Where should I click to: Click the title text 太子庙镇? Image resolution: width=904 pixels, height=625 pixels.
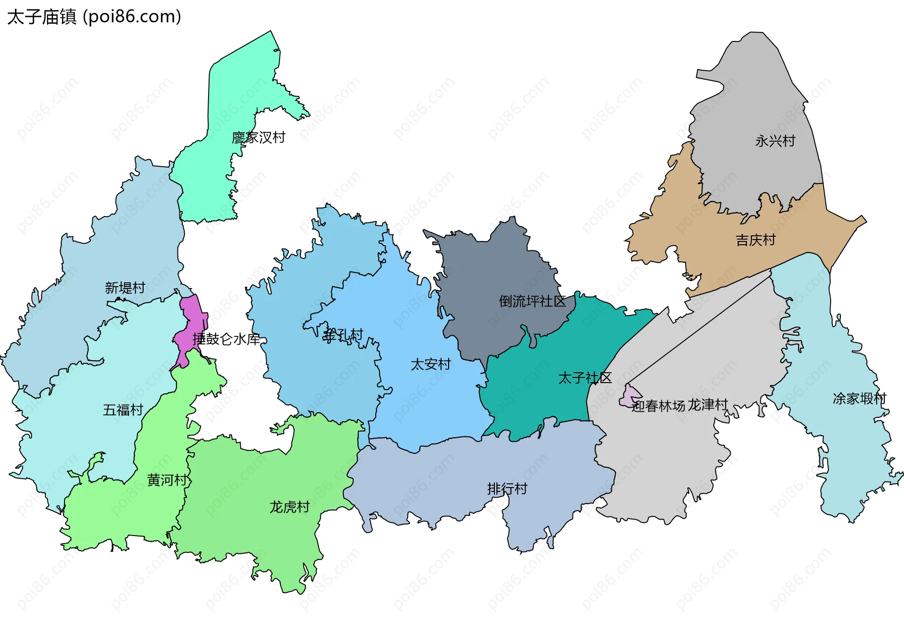pyautogui.click(x=41, y=17)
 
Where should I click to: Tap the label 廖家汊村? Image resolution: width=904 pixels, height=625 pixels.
pyautogui.click(x=258, y=137)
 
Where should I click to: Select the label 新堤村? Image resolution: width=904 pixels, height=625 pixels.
pyautogui.click(x=125, y=288)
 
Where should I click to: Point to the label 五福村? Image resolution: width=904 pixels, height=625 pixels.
pyautogui.click(x=123, y=410)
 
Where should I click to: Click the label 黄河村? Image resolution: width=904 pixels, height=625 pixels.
pyautogui.click(x=167, y=480)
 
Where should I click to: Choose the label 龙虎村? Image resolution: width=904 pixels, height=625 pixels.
pyautogui.click(x=289, y=507)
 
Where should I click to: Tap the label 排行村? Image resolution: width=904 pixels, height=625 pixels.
pyautogui.click(x=507, y=489)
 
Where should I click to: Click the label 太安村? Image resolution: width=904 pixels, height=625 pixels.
pyautogui.click(x=430, y=364)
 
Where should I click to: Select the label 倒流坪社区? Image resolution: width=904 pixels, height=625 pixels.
pyautogui.click(x=532, y=301)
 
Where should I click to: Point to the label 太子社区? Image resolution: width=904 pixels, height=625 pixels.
pyautogui.click(x=585, y=378)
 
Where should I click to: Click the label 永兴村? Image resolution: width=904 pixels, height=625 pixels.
pyautogui.click(x=775, y=141)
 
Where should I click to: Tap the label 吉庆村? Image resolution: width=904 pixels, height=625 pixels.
pyautogui.click(x=755, y=240)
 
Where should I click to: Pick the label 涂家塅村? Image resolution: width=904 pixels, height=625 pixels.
pyautogui.click(x=859, y=399)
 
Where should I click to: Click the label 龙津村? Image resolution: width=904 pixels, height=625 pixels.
pyautogui.click(x=708, y=405)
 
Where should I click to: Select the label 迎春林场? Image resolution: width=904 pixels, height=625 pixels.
pyautogui.click(x=658, y=406)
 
